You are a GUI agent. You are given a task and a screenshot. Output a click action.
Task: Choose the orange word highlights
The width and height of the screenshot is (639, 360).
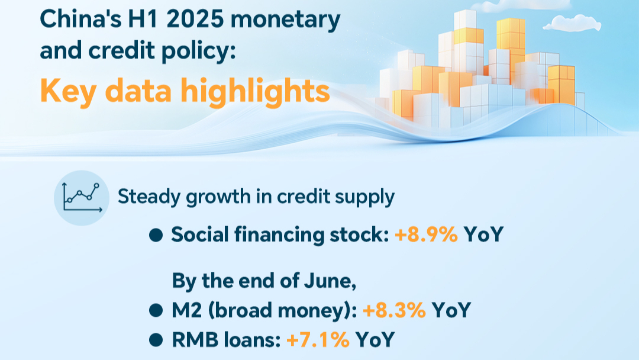click(x=255, y=91)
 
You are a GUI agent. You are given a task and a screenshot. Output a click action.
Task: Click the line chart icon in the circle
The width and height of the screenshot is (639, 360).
click(x=82, y=198)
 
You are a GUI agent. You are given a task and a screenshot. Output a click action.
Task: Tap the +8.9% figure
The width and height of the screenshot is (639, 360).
click(x=426, y=234)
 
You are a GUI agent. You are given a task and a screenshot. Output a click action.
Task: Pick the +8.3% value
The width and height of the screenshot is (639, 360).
click(x=394, y=310)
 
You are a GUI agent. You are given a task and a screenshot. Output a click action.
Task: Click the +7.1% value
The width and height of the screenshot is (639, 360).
click(x=318, y=340)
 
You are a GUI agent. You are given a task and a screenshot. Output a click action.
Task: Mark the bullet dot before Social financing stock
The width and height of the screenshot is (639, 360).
click(x=156, y=235)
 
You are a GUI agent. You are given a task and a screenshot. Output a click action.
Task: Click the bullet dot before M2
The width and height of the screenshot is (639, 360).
click(x=156, y=311)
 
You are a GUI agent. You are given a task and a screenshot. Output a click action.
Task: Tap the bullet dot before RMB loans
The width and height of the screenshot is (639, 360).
click(x=156, y=340)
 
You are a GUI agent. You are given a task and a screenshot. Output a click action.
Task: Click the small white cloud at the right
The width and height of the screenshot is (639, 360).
click(x=572, y=23)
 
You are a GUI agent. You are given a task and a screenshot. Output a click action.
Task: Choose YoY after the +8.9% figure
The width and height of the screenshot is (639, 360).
click(x=484, y=234)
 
